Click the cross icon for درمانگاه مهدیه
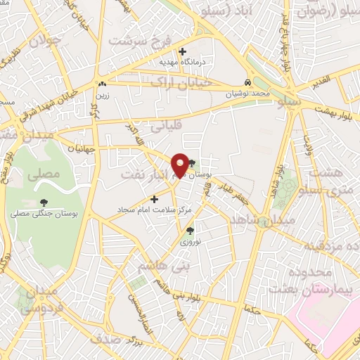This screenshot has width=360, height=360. point(183,51)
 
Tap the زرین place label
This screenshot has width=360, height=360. point(103,92)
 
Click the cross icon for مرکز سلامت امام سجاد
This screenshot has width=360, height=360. point(155,199)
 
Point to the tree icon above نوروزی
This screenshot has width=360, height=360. point(190,230)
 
